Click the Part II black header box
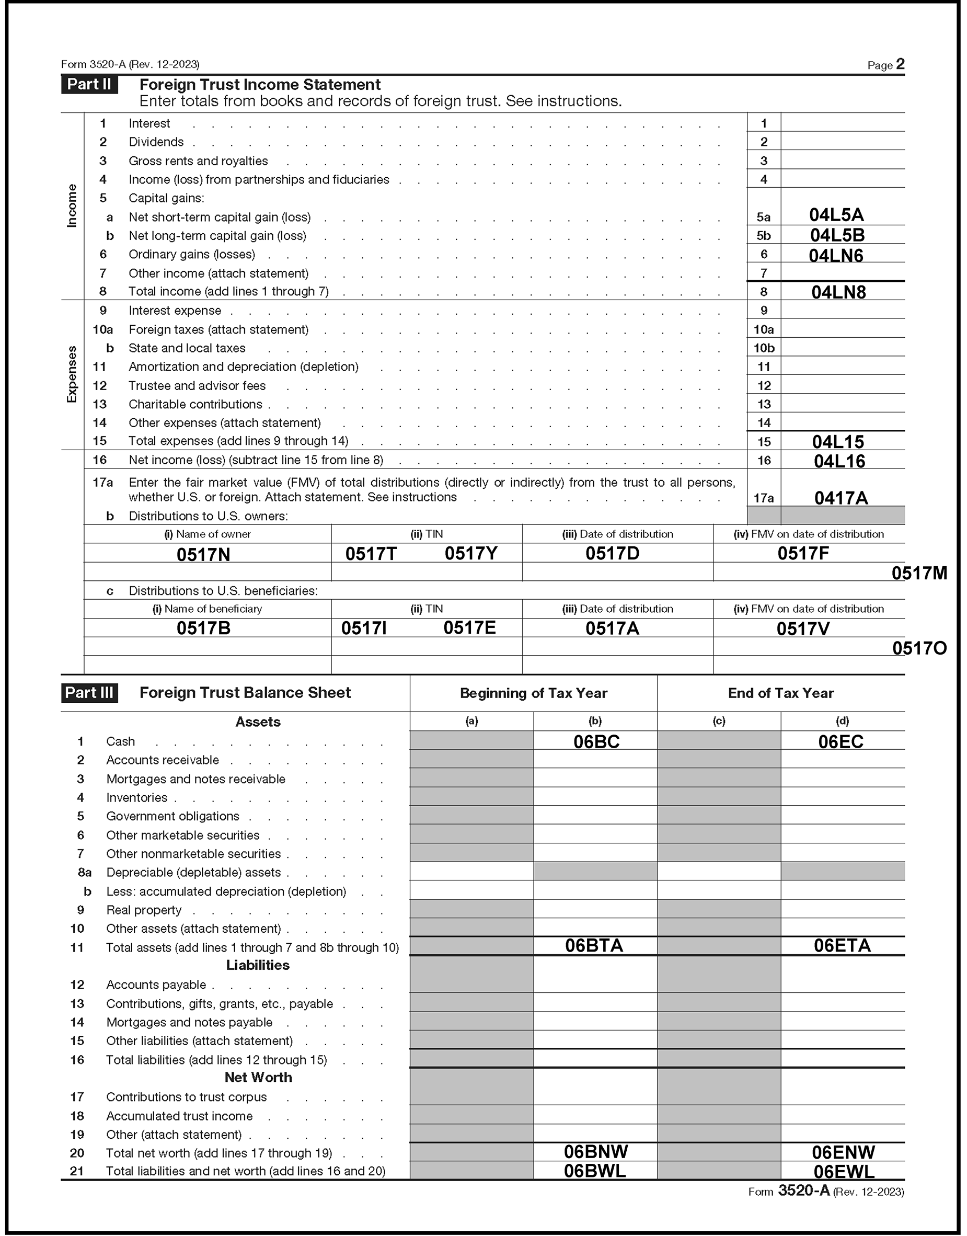coord(89,84)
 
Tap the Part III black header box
coord(89,692)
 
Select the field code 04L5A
coord(836,215)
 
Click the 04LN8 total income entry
coord(838,292)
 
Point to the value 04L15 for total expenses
coord(838,442)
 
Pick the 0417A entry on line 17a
coord(841,498)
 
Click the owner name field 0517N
coord(203,554)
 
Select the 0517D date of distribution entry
coord(612,553)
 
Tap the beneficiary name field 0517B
coord(203,628)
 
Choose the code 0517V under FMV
coord(803,628)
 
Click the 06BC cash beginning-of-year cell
coord(596,742)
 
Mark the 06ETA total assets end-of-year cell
coord(842,945)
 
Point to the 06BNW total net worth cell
coord(595,1152)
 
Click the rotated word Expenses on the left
coord(72,374)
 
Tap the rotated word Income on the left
coord(72,206)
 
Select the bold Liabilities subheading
coord(258,965)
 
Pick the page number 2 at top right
coord(900,64)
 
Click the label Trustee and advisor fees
coord(197,385)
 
